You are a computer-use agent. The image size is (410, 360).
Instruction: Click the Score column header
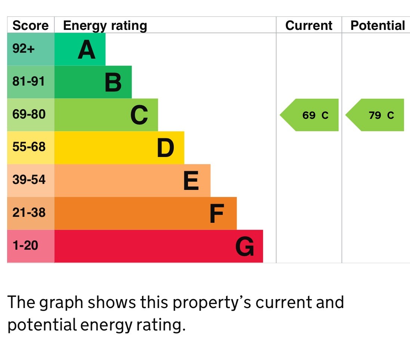31,25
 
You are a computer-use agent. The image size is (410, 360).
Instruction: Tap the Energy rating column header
105,25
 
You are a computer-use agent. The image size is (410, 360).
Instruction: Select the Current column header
309,25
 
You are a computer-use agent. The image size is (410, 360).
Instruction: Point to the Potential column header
377,25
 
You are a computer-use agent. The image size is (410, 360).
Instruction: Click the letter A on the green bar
86,50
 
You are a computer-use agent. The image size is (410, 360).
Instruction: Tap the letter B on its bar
113,83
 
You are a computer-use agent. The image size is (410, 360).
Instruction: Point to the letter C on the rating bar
139,115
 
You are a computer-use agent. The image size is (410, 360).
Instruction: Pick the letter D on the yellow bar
165,148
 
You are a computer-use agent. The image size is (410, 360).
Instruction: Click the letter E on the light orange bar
191,181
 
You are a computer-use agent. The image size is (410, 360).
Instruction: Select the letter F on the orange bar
216,214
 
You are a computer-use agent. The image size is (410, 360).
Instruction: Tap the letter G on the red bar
245,247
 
